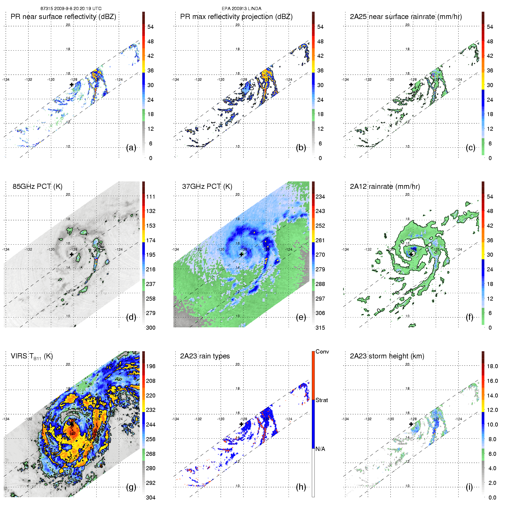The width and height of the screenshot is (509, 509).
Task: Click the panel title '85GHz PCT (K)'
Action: pos(37,187)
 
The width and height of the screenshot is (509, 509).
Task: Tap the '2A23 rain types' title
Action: pos(205,356)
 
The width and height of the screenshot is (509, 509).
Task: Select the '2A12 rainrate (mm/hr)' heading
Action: pos(385,187)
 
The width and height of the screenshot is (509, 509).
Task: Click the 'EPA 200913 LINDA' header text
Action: pos(241,9)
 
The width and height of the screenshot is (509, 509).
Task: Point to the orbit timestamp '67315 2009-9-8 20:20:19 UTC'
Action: pos(71,9)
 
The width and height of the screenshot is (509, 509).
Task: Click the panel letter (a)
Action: pos(131,148)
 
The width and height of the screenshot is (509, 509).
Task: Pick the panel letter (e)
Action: pos(301,317)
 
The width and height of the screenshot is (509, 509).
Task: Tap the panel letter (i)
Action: pos(469,487)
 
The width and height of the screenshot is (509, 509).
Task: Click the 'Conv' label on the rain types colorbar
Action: pos(322,352)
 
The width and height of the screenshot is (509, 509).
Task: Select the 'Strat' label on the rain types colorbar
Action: pos(322,400)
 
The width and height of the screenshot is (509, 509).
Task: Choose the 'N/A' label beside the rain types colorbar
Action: pos(320,449)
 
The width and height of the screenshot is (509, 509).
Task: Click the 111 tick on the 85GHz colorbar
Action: pos(151,197)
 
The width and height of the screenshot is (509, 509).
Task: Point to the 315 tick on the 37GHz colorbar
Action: pos(320,328)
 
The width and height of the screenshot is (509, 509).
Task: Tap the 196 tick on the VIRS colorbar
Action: pos(151,366)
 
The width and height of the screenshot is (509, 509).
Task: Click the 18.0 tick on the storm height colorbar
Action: pos(492,366)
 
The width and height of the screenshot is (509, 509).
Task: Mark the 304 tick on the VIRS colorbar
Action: pos(151,498)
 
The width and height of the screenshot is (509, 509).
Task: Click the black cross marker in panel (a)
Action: pos(72,85)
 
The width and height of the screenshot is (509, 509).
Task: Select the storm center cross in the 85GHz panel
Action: pos(72,254)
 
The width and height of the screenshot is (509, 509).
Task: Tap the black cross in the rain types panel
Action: pos(241,424)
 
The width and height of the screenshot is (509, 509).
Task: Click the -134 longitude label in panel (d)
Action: pos(6,249)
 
